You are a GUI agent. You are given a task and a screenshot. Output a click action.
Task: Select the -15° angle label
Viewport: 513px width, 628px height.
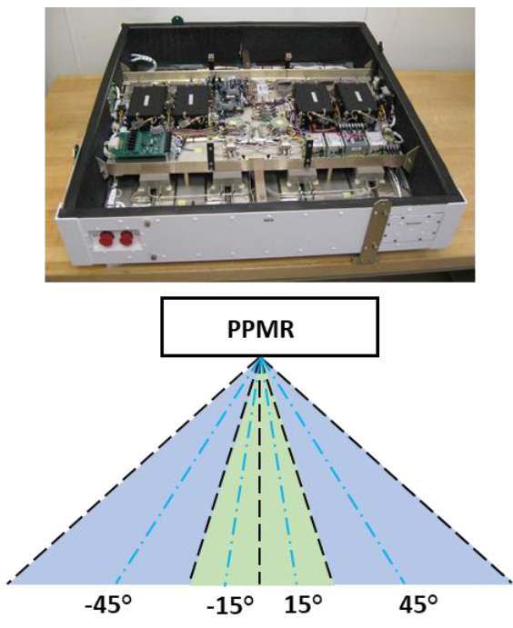pyautogui.click(x=230, y=603)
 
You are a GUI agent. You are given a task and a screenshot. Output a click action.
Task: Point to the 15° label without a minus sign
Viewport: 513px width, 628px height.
pyautogui.click(x=304, y=603)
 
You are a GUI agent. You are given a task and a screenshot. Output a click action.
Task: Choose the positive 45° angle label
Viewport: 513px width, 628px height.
pyautogui.click(x=417, y=603)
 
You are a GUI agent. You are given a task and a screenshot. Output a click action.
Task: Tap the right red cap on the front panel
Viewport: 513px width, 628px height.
pyautogui.click(x=126, y=238)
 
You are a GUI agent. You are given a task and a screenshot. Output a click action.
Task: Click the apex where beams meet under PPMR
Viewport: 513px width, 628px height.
pyautogui.click(x=260, y=358)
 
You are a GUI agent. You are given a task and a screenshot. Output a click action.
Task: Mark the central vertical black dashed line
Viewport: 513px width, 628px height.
pyautogui.click(x=260, y=471)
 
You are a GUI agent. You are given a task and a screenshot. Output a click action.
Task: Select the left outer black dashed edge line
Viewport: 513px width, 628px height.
pyautogui.click(x=135, y=471)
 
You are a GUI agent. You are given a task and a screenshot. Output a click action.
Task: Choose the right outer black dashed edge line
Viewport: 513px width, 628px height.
pyautogui.click(x=387, y=471)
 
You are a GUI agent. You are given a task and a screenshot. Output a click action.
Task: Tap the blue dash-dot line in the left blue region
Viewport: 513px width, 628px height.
pyautogui.click(x=188, y=471)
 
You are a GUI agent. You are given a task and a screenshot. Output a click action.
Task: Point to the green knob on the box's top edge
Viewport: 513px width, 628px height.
pyautogui.click(x=176, y=19)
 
